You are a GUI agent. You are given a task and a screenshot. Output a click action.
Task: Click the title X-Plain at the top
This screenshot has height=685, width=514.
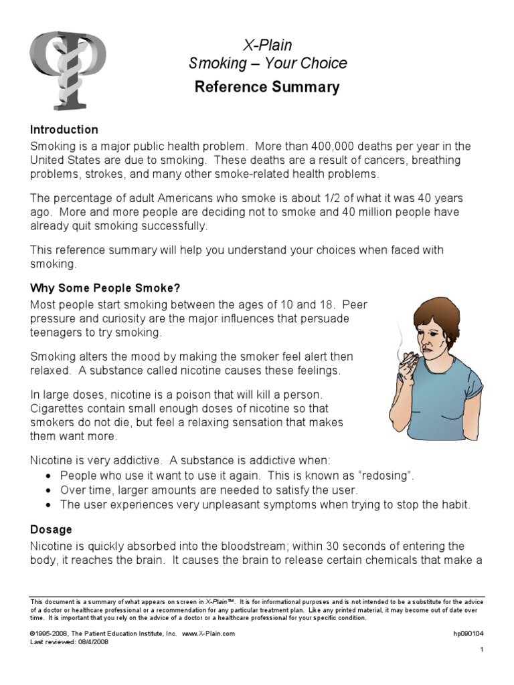[x=267, y=45]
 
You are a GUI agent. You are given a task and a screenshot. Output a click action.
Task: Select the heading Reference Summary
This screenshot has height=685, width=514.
[x=267, y=87]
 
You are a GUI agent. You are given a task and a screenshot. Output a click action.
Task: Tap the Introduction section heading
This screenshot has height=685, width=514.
[x=64, y=129]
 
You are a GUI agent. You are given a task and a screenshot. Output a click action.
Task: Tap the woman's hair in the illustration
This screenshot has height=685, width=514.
[x=435, y=314]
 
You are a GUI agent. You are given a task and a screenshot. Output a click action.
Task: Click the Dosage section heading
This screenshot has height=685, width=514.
[x=51, y=529]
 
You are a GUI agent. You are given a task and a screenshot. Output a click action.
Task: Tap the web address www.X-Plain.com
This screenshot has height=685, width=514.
[x=208, y=633]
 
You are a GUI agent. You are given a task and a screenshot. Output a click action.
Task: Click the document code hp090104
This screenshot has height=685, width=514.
[x=468, y=633]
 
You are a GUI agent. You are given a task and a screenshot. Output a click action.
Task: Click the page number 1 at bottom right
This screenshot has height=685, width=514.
[x=481, y=650]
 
